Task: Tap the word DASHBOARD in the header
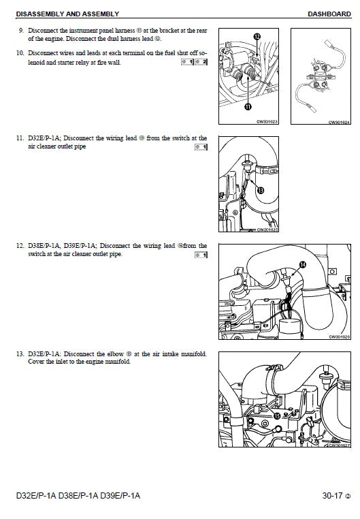point(329,14)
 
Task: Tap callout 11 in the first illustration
point(248,107)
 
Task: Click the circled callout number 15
point(276,415)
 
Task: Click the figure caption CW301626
point(338,336)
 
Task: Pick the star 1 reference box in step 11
point(201,148)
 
